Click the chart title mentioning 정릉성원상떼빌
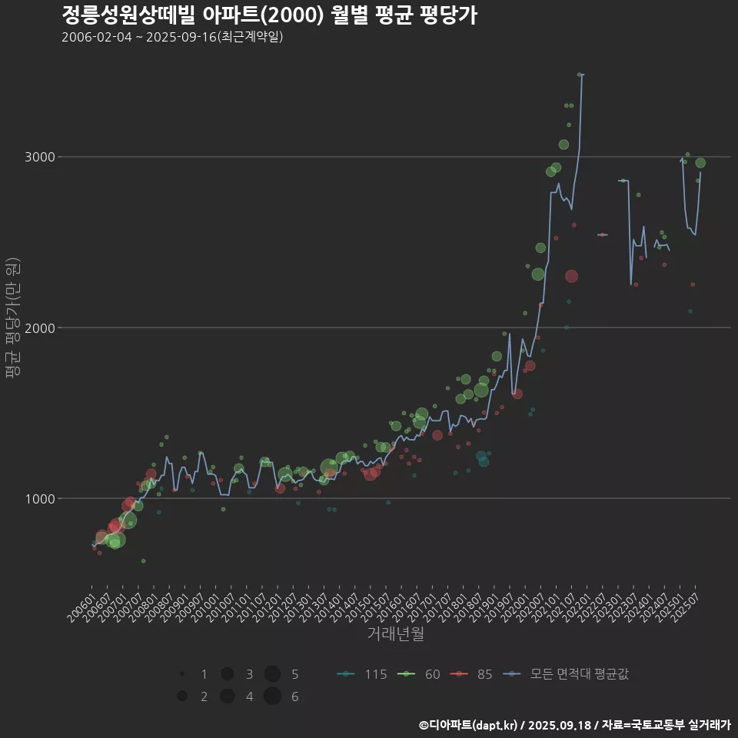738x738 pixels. (269, 15)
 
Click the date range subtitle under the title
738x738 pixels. (172, 37)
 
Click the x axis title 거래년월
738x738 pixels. (395, 633)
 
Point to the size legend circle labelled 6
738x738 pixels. (272, 696)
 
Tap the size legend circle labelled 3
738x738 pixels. (228, 674)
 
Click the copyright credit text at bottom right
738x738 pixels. (574, 725)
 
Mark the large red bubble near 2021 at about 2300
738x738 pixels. (570, 276)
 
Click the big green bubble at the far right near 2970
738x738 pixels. (700, 163)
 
